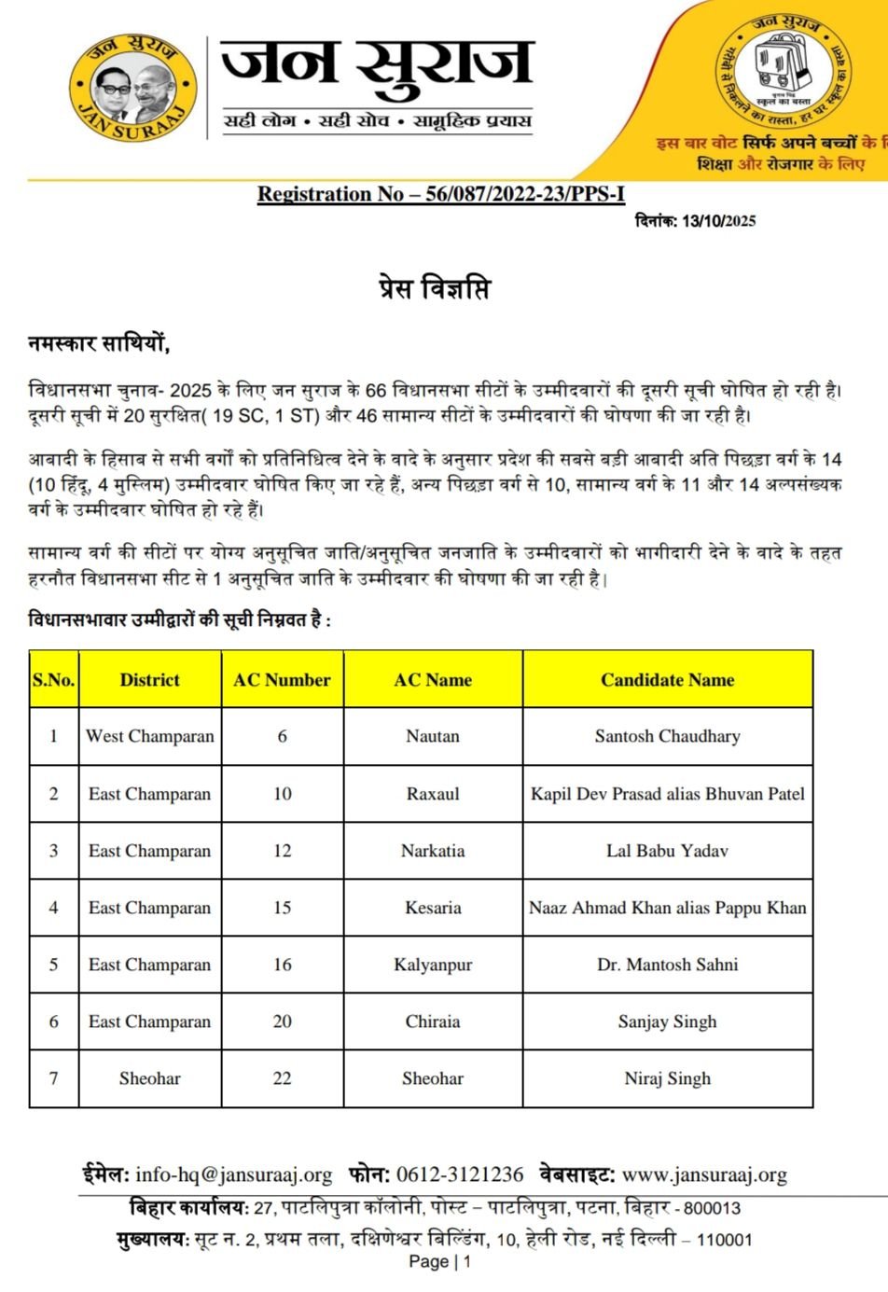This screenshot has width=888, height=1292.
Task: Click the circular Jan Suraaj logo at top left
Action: pyautogui.click(x=133, y=87)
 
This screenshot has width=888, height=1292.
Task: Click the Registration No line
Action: pyautogui.click(x=440, y=194)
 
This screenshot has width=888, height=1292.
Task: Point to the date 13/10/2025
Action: pyautogui.click(x=718, y=221)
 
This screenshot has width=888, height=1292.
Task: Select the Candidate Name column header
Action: pyautogui.click(x=667, y=679)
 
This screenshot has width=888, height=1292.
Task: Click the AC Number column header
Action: pyautogui.click(x=282, y=679)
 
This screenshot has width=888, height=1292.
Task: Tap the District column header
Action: pyautogui.click(x=149, y=679)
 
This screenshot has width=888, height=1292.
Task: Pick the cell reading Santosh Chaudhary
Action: pyautogui.click(x=667, y=736)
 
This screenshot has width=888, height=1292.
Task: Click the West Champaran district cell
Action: pyautogui.click(x=149, y=736)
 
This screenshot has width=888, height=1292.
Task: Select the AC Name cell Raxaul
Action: pyautogui.click(x=433, y=794)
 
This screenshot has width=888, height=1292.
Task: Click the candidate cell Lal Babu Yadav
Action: pyautogui.click(x=667, y=851)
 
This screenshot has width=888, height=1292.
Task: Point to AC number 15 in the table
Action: pyautogui.click(x=282, y=908)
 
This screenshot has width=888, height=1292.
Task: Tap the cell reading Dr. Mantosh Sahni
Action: pyautogui.click(x=667, y=965)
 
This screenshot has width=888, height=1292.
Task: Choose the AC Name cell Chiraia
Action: pyautogui.click(x=433, y=1021)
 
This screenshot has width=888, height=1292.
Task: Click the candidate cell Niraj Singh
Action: pyautogui.click(x=667, y=1078)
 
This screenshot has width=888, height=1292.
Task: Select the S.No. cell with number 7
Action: pyautogui.click(x=53, y=1078)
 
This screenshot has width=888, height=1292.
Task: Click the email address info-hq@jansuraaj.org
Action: pyautogui.click(x=233, y=1174)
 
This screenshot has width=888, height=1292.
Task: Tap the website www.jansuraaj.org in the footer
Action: pyautogui.click(x=704, y=1174)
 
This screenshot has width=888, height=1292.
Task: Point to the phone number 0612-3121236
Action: pyautogui.click(x=460, y=1174)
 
